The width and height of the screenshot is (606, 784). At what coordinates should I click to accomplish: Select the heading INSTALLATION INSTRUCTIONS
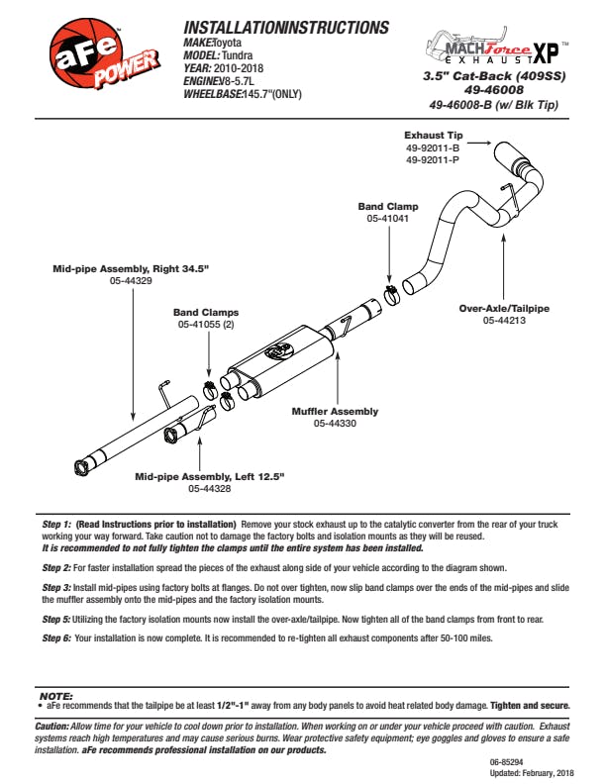point(286,28)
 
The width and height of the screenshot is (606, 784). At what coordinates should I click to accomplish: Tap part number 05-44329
point(131,281)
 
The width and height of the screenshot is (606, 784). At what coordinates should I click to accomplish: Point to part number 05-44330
point(335,424)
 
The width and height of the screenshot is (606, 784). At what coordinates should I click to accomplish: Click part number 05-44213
point(503,321)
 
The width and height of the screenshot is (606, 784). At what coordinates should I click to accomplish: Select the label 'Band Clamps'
point(206,312)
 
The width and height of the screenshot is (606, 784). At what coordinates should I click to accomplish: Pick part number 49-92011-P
point(430,158)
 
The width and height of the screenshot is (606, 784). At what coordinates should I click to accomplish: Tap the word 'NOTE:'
point(56,697)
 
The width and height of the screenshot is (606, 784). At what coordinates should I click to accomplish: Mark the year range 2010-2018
point(244,68)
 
